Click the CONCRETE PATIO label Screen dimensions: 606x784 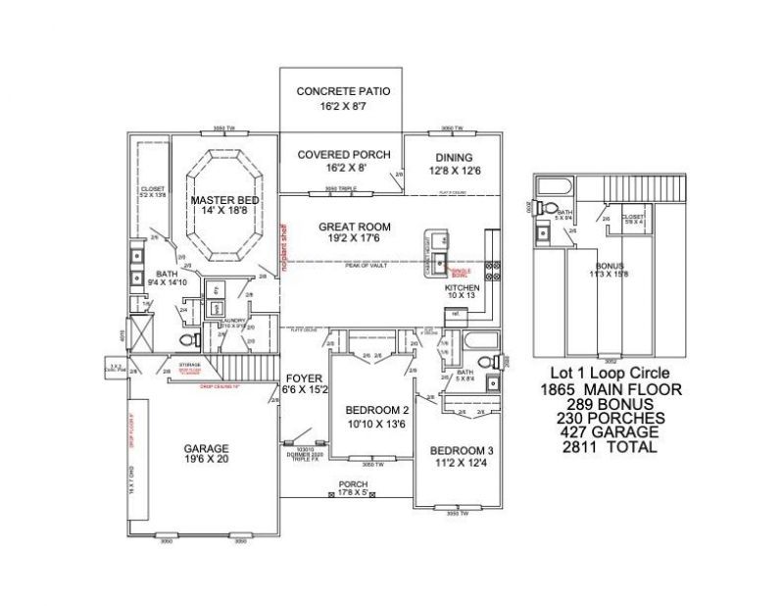tap(343, 91)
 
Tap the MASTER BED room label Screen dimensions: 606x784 tap(224, 200)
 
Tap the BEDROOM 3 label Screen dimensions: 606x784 tap(462, 450)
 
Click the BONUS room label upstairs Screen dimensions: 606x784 tap(609, 265)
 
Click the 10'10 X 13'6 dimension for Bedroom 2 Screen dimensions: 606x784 tap(377, 424)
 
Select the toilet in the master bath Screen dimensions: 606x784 tap(187, 340)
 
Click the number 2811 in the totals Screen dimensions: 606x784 tap(575, 446)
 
